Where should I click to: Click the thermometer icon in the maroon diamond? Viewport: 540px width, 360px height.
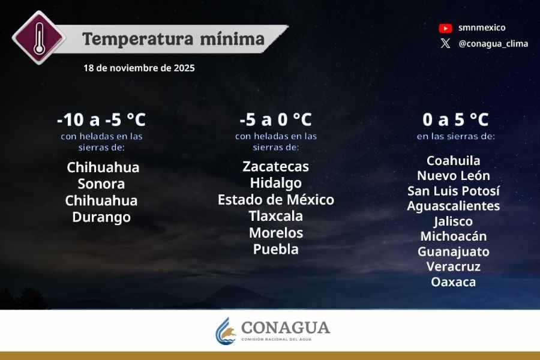pyautogui.click(x=39, y=37)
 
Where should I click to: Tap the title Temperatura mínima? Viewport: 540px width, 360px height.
pyautogui.click(x=173, y=39)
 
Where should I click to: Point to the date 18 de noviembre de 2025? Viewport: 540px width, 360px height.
pyautogui.click(x=139, y=68)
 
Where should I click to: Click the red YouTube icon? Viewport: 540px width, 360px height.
pyautogui.click(x=445, y=28)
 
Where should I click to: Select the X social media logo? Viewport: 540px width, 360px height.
pyautogui.click(x=445, y=43)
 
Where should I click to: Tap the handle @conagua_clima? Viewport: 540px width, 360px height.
pyautogui.click(x=493, y=43)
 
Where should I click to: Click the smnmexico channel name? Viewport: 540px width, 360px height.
pyautogui.click(x=482, y=28)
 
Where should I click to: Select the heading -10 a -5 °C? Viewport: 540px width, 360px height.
pyautogui.click(x=101, y=119)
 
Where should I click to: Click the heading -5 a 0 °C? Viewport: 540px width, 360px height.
pyautogui.click(x=275, y=119)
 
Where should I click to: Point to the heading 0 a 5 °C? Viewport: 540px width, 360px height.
pyautogui.click(x=455, y=119)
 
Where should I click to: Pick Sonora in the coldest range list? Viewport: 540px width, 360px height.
pyautogui.click(x=101, y=184)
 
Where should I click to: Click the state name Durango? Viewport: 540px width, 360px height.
pyautogui.click(x=101, y=217)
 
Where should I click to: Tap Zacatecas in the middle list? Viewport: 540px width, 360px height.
pyautogui.click(x=275, y=166)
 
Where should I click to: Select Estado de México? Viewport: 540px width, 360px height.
pyautogui.click(x=275, y=199)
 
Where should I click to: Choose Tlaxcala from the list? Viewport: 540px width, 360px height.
pyautogui.click(x=275, y=216)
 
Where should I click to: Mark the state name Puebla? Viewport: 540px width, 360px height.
pyautogui.click(x=275, y=249)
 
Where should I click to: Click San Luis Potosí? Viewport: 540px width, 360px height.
pyautogui.click(x=454, y=191)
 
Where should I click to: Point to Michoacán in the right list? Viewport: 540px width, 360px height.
pyautogui.click(x=454, y=236)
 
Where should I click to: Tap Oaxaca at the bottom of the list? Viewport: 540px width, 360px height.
pyautogui.click(x=454, y=281)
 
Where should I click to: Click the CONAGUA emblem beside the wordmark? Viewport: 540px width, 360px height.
pyautogui.click(x=226, y=331)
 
